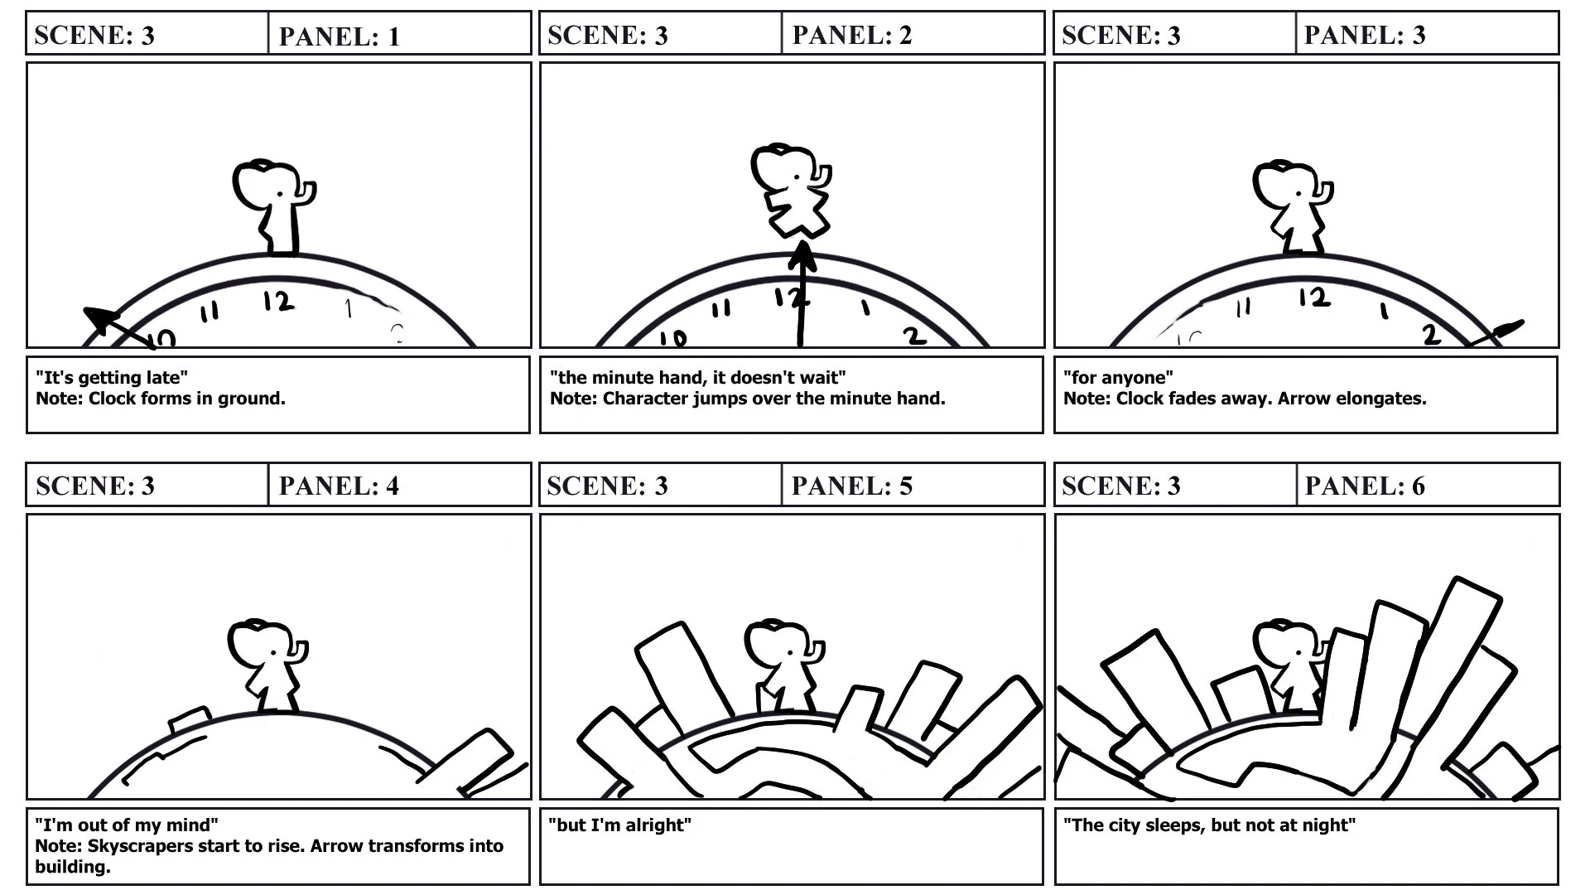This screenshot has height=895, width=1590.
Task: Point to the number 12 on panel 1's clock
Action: click(x=279, y=302)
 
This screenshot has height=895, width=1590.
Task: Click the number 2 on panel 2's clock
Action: click(x=914, y=336)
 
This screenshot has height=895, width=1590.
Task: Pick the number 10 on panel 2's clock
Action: click(x=673, y=338)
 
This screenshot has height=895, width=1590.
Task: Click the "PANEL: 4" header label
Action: click(x=339, y=486)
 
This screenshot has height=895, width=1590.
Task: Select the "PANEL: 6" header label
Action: click(x=1365, y=486)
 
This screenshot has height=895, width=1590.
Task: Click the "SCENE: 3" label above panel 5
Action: click(x=607, y=486)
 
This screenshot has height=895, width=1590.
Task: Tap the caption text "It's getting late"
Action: click(x=112, y=378)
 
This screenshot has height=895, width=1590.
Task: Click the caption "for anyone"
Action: click(x=1118, y=378)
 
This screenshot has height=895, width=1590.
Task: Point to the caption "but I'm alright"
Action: click(x=619, y=825)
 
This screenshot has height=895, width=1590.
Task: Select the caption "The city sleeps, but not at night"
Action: click(x=1209, y=825)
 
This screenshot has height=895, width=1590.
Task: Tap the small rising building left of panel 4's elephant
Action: click(x=190, y=720)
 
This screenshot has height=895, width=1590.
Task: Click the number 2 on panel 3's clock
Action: click(x=1430, y=334)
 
